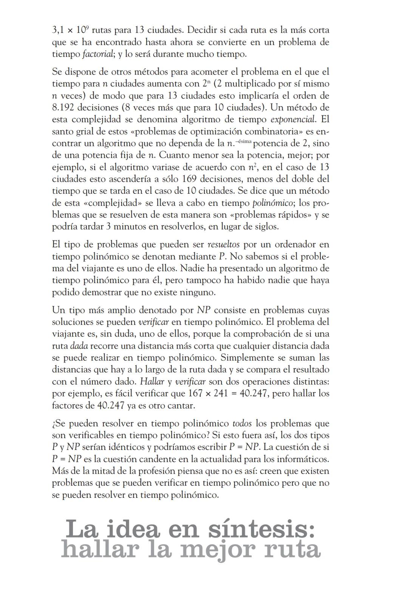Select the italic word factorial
[x=98, y=54]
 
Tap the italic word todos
[x=242, y=423]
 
